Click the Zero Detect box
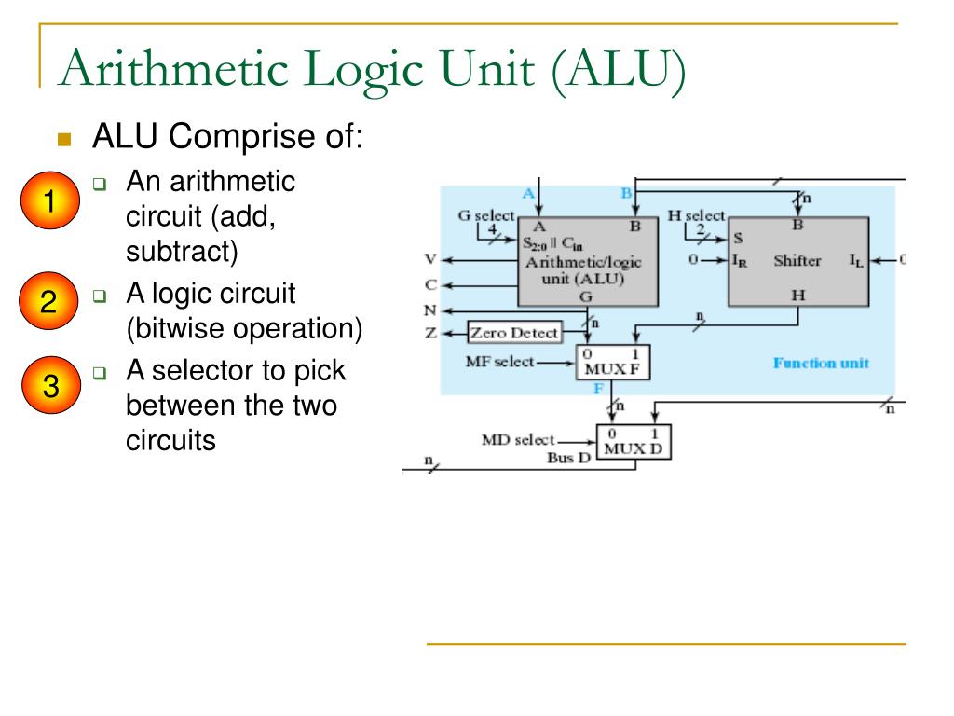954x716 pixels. (514, 333)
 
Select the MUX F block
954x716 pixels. (612, 362)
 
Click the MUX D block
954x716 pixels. (634, 442)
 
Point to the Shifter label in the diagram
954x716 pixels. (797, 261)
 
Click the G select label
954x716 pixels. (485, 216)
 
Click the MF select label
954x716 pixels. (500, 361)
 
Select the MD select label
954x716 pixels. (518, 439)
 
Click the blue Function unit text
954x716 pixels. (821, 363)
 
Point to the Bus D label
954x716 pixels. (569, 457)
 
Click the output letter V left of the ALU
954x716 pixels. (430, 260)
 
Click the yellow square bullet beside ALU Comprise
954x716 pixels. (64, 140)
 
